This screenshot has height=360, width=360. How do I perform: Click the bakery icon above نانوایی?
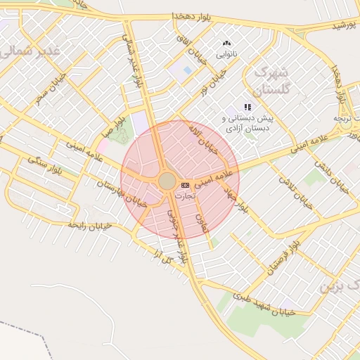(226, 44)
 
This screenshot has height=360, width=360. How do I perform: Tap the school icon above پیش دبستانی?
(247, 107)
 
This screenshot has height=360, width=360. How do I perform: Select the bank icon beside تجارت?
(185, 184)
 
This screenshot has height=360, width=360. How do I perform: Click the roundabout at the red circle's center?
(167, 181)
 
